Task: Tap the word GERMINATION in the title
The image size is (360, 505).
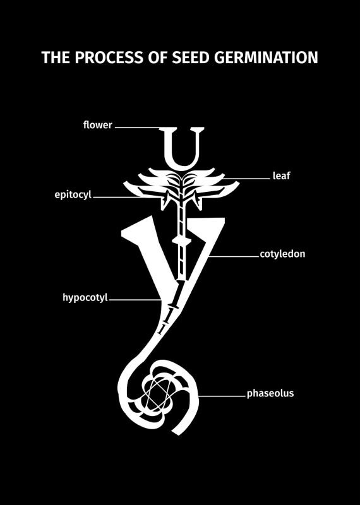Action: click(266, 57)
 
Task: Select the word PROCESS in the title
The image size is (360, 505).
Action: click(109, 57)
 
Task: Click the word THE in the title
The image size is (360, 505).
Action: click(56, 57)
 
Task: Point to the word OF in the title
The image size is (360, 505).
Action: click(158, 57)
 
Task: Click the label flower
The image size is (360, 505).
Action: click(98, 124)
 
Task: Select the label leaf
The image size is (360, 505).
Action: click(281, 175)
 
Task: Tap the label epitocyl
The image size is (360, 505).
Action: click(73, 195)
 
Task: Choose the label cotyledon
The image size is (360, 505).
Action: click(282, 254)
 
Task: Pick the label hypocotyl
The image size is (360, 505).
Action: click(85, 297)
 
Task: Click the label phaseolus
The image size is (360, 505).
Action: click(270, 393)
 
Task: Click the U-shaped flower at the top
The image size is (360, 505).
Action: click(183, 148)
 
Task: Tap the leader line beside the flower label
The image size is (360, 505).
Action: click(138, 128)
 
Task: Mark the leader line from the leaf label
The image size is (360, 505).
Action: click(246, 178)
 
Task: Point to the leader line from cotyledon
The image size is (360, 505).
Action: click(234, 256)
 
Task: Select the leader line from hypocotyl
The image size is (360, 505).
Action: click(135, 299)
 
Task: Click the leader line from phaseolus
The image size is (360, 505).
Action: click(222, 396)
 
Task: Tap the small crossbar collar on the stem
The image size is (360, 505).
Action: click(181, 241)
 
